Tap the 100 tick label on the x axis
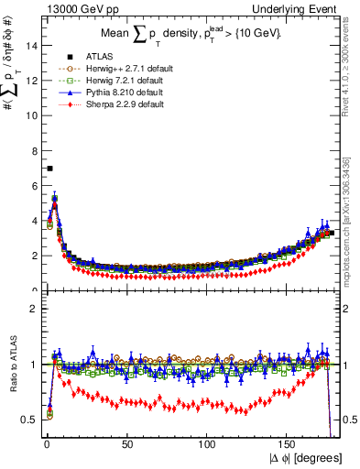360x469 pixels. (x=208, y=444)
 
